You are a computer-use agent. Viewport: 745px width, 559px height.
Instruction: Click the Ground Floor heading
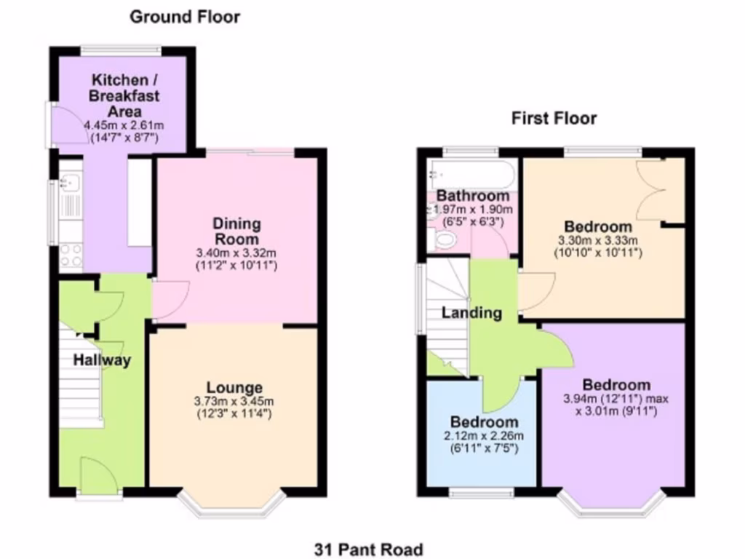[184, 17]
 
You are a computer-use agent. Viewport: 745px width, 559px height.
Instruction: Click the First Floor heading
[554, 118]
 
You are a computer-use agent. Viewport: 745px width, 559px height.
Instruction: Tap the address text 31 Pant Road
[369, 549]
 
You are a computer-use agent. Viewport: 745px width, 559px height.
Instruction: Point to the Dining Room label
[236, 231]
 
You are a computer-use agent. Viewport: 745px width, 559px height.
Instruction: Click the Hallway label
[102, 360]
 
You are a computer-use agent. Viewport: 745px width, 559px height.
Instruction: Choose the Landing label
[472, 313]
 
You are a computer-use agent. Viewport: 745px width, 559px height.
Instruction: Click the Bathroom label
[473, 196]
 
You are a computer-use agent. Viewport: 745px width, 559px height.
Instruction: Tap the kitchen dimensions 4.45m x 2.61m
[121, 126]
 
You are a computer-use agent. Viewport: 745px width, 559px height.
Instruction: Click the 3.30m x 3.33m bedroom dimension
[597, 241]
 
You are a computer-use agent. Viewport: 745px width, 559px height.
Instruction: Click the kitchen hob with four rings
[71, 255]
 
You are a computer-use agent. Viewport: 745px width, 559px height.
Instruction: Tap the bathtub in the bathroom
[471, 175]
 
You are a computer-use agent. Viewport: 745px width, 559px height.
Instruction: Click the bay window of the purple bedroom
[610, 504]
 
